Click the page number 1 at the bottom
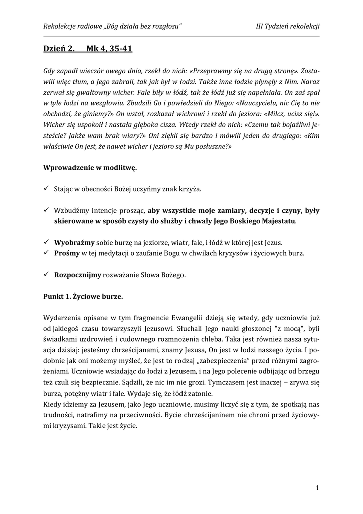(318, 487)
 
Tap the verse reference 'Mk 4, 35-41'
(109, 49)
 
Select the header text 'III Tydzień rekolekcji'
(288, 27)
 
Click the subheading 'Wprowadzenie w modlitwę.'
(90, 167)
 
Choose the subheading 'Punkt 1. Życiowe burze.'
(83, 296)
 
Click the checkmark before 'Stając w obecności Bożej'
(46, 189)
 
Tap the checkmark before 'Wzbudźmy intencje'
(46, 210)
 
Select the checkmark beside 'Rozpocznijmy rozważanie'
(46, 275)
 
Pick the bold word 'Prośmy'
(67, 253)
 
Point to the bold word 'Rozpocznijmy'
(78, 275)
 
